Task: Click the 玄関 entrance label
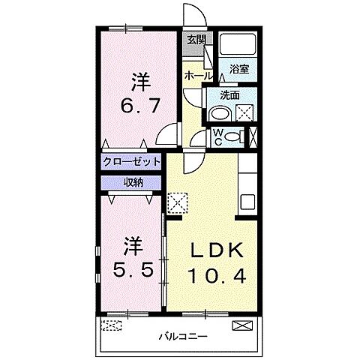click(196, 40)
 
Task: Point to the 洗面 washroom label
click(231, 95)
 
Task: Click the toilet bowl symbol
click(234, 136)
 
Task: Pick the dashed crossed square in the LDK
click(178, 202)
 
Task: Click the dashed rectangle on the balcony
click(112, 325)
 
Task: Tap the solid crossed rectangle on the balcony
click(244, 325)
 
